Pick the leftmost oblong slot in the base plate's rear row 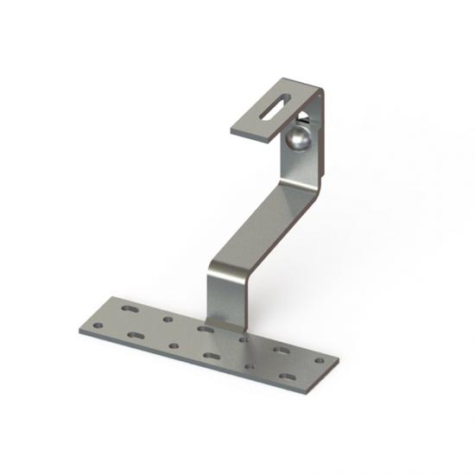[129, 307]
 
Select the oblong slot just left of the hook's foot [205, 329]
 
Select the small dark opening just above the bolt [305, 114]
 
